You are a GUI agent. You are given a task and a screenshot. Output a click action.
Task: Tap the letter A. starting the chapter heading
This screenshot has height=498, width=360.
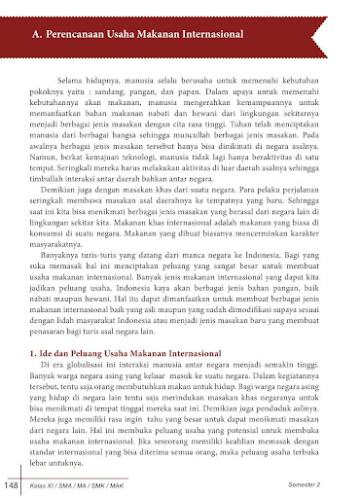click(39, 37)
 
